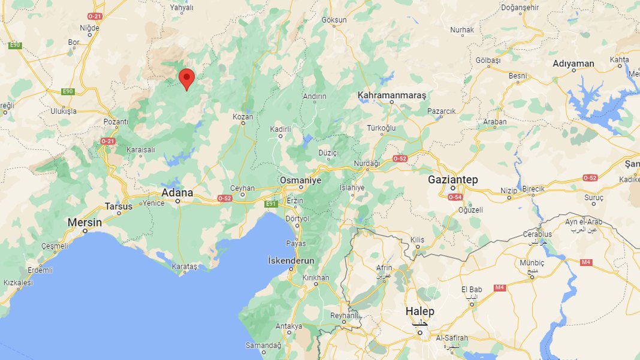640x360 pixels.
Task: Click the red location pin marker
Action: pos(187,78)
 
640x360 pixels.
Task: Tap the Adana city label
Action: pos(177,193)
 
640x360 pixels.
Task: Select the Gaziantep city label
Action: pos(452,180)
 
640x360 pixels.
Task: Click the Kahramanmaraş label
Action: pos(391,95)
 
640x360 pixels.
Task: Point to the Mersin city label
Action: pos(84,222)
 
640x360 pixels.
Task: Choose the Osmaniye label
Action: pos(301,180)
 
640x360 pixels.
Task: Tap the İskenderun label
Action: pos(291,261)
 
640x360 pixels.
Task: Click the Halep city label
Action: pos(419,311)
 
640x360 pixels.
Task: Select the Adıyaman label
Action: pos(573,63)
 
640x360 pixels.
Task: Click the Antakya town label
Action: pos(288,326)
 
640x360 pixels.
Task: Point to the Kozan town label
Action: pos(243,116)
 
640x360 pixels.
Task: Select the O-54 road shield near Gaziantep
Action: pos(455,197)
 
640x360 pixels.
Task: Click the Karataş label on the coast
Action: pos(185,265)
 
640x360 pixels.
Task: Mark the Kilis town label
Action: pos(417,240)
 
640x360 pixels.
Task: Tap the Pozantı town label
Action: pos(116,122)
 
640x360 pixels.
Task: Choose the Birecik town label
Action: pos(533,189)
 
